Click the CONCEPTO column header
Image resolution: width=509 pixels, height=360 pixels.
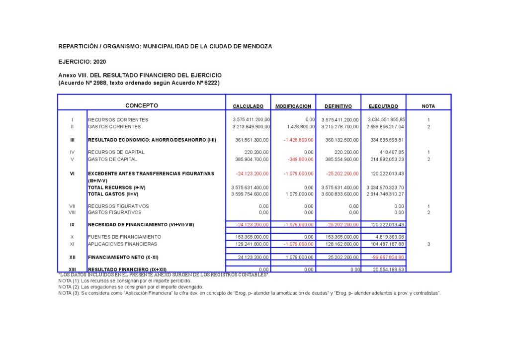(142, 105)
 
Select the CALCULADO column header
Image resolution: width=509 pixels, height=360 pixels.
(248, 106)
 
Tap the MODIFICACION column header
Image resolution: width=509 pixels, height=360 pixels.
(293, 106)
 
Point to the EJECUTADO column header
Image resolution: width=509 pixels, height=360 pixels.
(383, 106)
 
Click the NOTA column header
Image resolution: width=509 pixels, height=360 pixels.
(428, 106)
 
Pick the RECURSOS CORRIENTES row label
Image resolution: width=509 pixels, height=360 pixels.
(118, 120)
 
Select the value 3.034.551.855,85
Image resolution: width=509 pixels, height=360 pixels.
(386, 120)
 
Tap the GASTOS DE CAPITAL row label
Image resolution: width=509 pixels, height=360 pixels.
(112, 160)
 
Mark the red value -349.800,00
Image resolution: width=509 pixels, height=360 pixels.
(301, 160)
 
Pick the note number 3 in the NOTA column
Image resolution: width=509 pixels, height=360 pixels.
(428, 244)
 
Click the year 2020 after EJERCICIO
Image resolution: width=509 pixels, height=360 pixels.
(99, 62)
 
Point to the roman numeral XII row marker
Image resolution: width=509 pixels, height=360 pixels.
(72, 257)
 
